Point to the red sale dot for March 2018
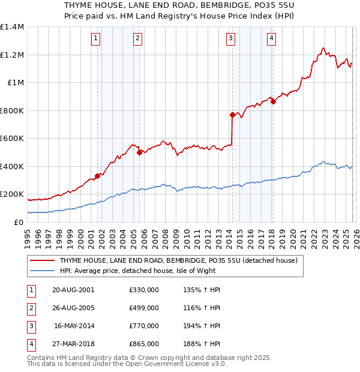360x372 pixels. (273, 101)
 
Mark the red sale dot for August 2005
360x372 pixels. (139, 152)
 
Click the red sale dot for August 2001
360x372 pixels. (97, 176)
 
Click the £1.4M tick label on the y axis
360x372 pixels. (12, 27)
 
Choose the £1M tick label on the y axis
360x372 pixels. (14, 83)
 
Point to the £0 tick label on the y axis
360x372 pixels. (19, 222)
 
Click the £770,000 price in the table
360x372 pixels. (144, 326)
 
